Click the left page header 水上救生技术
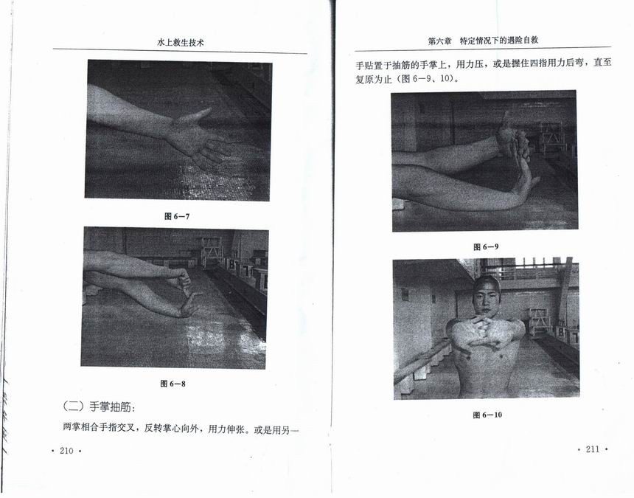click(181, 43)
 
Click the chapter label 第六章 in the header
click(439, 41)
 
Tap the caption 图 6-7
click(177, 216)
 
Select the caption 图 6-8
click(173, 384)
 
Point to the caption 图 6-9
click(486, 246)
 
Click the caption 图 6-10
click(487, 415)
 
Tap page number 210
click(66, 451)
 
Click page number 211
click(593, 449)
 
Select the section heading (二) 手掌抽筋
click(99, 407)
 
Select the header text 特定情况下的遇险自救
click(499, 41)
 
